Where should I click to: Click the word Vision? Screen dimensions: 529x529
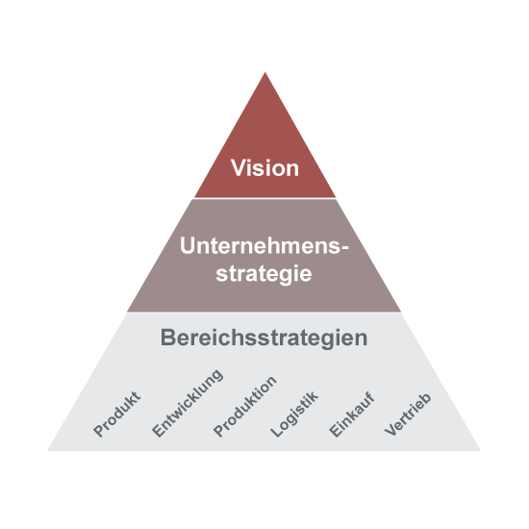pyautogui.click(x=264, y=167)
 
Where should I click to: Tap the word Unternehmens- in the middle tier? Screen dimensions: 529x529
pyautogui.click(x=264, y=245)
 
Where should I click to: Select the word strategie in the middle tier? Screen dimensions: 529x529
pyautogui.click(x=264, y=273)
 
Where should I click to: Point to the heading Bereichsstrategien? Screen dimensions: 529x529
pyautogui.click(x=264, y=338)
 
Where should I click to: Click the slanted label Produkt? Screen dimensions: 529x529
pyautogui.click(x=116, y=414)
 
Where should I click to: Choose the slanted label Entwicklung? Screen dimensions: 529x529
pyautogui.click(x=188, y=403)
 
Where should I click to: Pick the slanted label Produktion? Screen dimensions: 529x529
pyautogui.click(x=245, y=407)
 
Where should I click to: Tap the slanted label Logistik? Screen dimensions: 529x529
pyautogui.click(x=294, y=415)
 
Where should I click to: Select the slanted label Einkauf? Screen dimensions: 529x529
pyautogui.click(x=352, y=415)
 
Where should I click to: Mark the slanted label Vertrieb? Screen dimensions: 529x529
pyautogui.click(x=408, y=415)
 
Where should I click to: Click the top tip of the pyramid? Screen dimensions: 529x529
pyautogui.click(x=264, y=72)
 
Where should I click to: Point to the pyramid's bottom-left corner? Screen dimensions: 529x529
pyautogui.click(x=47, y=451)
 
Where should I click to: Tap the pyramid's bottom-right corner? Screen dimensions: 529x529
pyautogui.click(x=480, y=451)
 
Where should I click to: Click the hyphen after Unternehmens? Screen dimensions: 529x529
pyautogui.click(x=344, y=248)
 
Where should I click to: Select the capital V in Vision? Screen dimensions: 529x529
pyautogui.click(x=239, y=167)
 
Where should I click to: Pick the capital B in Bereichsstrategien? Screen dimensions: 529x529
pyautogui.click(x=168, y=337)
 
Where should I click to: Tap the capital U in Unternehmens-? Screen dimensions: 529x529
pyautogui.click(x=188, y=245)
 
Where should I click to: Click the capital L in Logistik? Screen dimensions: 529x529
pyautogui.click(x=277, y=430)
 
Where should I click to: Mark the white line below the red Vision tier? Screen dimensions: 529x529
pyautogui.click(x=264, y=198)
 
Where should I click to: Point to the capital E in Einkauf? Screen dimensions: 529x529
pyautogui.click(x=336, y=430)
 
